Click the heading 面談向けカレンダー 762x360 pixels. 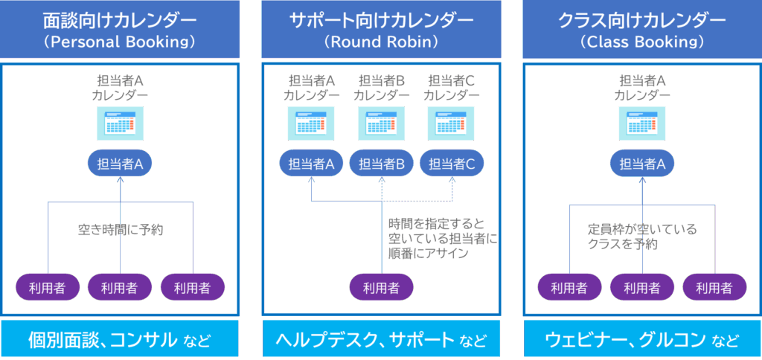120,21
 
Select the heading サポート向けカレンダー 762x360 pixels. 381,21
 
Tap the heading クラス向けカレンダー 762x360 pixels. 641,21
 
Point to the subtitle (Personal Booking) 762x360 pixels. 120,42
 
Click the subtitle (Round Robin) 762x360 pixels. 381,42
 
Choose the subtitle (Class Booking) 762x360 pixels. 641,42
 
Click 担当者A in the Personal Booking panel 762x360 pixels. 120,164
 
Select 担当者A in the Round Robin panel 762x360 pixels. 310,164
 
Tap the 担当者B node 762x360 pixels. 381,164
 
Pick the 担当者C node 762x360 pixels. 452,164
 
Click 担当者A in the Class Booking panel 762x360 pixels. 641,164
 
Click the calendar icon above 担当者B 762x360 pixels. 381,123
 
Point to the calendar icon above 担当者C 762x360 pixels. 451,123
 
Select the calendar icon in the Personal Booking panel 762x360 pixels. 120,123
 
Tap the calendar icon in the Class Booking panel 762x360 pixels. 641,123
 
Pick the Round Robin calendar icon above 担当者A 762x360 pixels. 311,123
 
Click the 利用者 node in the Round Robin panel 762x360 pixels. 381,287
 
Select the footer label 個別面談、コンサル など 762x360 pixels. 120,341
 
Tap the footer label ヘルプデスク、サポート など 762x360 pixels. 381,341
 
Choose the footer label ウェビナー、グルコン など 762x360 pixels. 641,341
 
